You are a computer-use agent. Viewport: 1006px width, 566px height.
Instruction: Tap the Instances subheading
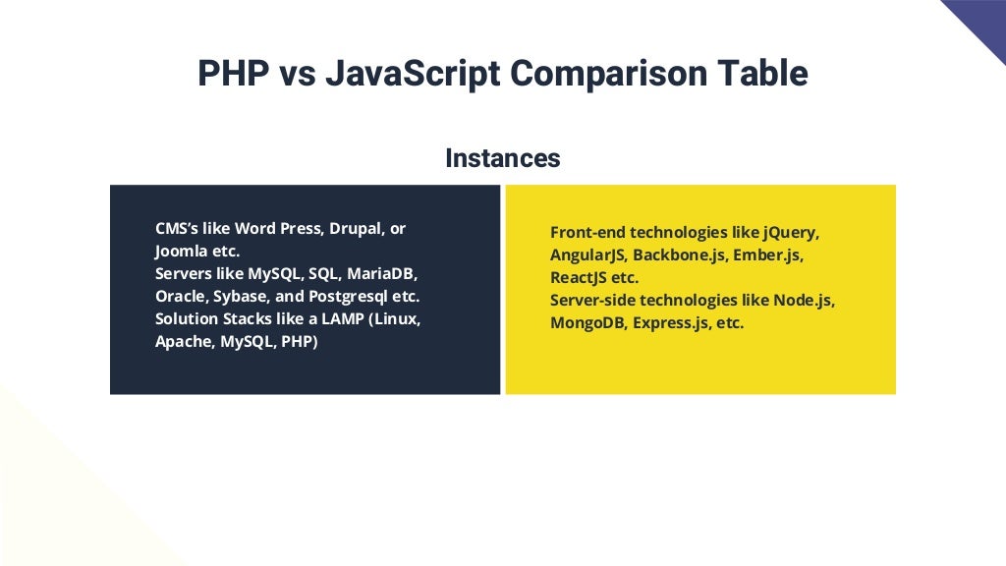[502, 157]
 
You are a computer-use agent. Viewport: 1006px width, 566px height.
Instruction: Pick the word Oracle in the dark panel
[180, 296]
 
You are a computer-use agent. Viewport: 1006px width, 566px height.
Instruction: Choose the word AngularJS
[587, 255]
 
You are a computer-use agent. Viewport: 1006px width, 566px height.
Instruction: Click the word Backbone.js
[680, 255]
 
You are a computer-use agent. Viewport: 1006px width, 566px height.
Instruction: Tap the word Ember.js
[768, 255]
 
